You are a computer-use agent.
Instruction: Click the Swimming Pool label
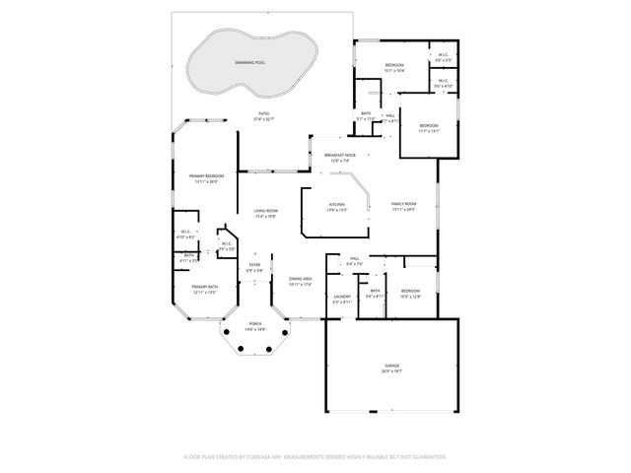coord(249,61)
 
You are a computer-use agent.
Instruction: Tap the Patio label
coord(263,114)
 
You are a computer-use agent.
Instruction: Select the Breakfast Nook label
coord(340,155)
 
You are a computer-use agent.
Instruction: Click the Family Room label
coord(404,204)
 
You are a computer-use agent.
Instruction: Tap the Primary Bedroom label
coord(204,176)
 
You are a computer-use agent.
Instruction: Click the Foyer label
coord(254,264)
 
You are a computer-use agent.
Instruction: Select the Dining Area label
coord(301,279)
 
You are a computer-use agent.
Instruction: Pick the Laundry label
coord(342,296)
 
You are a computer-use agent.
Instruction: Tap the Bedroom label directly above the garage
coord(410,291)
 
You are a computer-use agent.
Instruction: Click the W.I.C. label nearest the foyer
coord(226,243)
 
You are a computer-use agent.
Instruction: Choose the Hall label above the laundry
coord(355,259)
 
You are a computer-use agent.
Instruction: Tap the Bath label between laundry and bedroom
coord(375,291)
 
